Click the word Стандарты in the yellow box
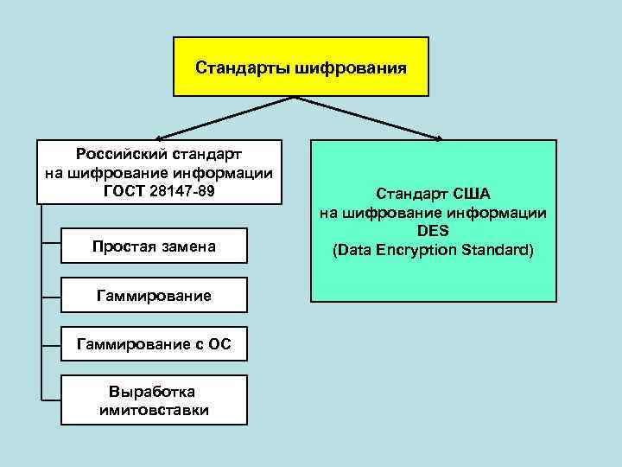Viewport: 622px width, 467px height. [x=244, y=67]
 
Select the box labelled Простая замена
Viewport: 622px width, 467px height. [x=154, y=247]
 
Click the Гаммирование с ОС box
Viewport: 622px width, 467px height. [x=154, y=345]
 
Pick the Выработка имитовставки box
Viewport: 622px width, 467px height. [x=154, y=400]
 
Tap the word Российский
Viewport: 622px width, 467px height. [x=122, y=155]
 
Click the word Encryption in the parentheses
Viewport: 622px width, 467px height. [x=417, y=250]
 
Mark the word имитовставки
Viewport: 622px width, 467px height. [x=154, y=409]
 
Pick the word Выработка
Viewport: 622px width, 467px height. [x=154, y=392]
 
